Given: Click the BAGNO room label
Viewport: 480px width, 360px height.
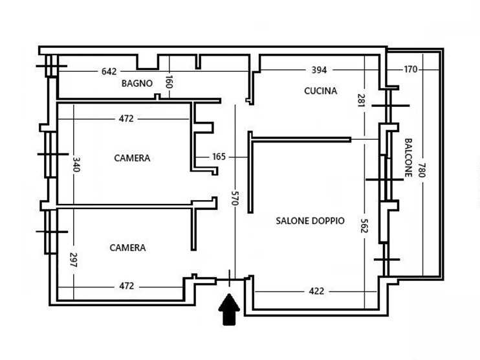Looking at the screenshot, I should pos(137,84).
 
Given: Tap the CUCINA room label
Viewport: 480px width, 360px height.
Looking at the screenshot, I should pos(321,91).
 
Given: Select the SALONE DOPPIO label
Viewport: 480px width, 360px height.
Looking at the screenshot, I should pos(310,221).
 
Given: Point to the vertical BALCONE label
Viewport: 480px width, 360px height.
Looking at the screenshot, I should pos(408,158).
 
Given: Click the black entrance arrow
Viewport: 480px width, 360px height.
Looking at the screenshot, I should pos(229,309).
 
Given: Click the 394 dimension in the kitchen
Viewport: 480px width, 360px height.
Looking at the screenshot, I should pos(320,70).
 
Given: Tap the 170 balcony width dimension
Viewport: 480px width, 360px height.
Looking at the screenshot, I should pos(410,70).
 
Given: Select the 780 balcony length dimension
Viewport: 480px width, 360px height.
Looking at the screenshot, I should pos(422,171).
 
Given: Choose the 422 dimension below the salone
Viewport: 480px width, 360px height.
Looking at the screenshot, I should pos(316,291).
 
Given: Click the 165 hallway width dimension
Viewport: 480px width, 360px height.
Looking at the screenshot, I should pos(219,157).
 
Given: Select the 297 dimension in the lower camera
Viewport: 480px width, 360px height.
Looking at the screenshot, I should pos(73,260).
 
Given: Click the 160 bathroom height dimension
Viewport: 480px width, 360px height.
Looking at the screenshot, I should pos(169,83).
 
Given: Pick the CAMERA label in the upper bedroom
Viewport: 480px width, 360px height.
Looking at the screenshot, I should pos(132,158).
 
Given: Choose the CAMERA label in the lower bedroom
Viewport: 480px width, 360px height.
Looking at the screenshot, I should pos(127,247).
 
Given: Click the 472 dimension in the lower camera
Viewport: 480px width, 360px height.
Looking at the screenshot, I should pos(127,286).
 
